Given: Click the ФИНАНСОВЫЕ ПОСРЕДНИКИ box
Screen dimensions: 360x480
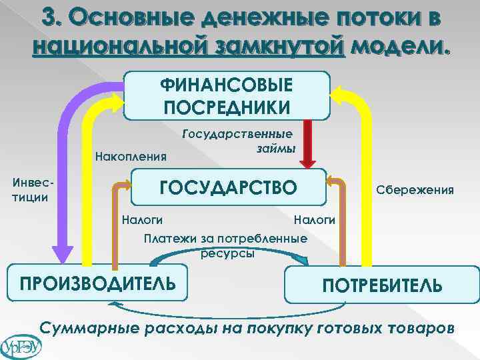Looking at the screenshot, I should pyautogui.click(x=227, y=95).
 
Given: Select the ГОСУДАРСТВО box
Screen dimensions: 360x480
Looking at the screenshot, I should pyautogui.click(x=227, y=187).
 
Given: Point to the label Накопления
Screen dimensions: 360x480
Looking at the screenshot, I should pyautogui.click(x=131, y=157).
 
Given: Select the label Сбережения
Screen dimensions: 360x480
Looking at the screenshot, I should pyautogui.click(x=415, y=190).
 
